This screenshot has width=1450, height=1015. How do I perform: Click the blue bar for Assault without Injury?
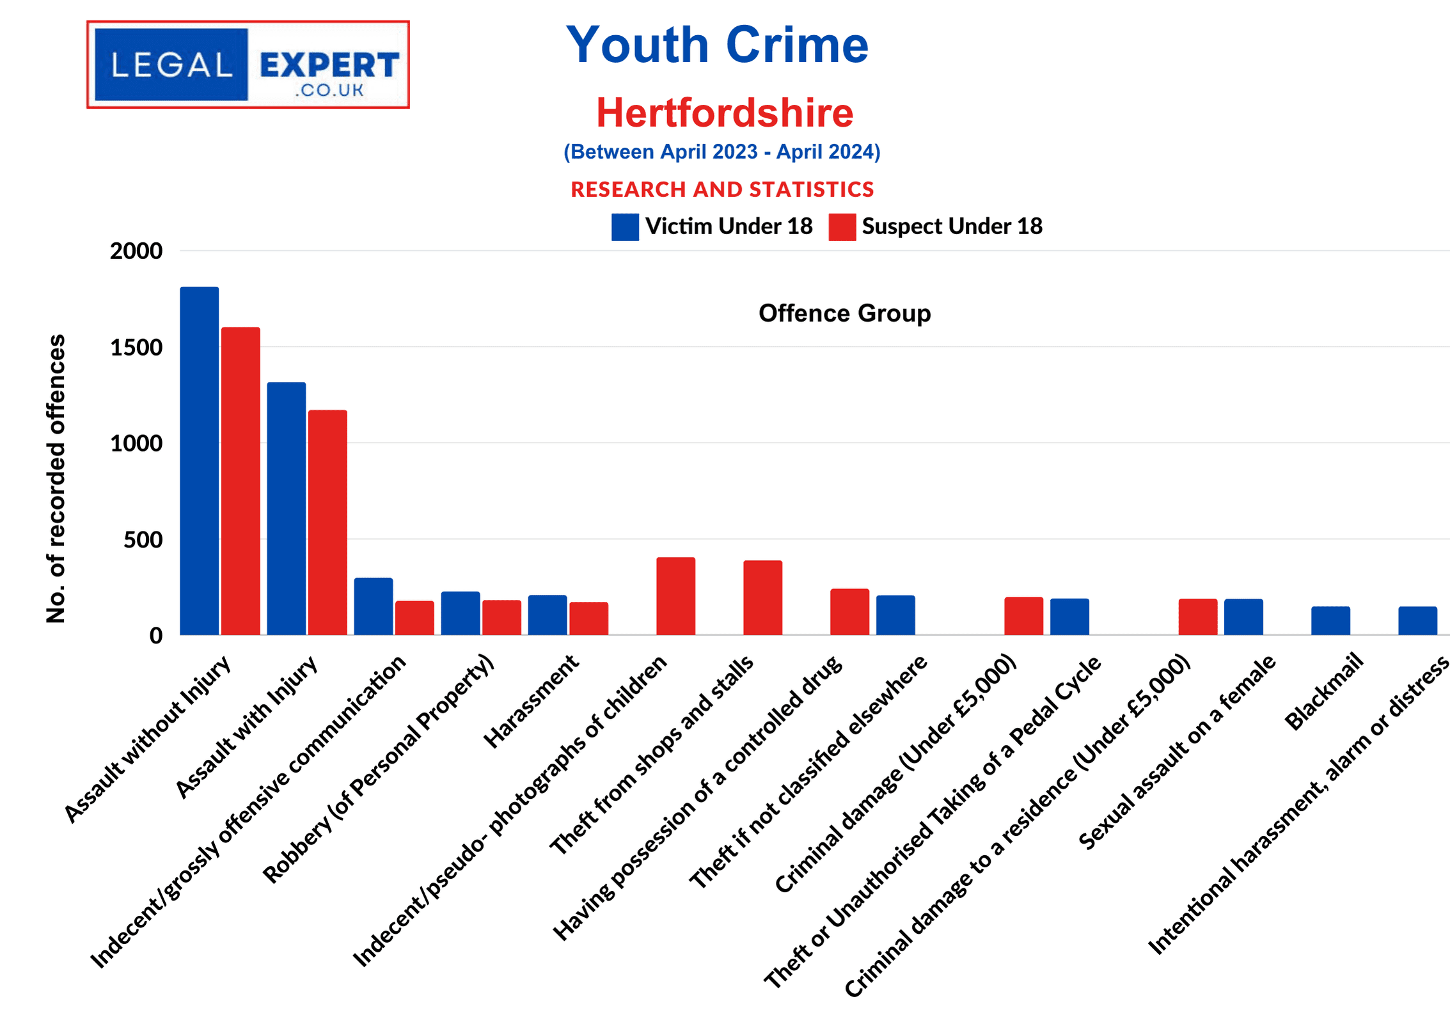(x=199, y=460)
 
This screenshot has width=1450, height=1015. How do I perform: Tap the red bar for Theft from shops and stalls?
(x=762, y=597)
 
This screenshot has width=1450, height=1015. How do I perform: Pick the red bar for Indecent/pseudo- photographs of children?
(x=675, y=596)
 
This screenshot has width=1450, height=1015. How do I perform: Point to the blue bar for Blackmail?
(x=1330, y=620)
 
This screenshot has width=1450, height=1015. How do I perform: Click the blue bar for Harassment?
(x=547, y=615)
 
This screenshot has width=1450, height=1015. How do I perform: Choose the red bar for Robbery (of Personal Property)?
(x=501, y=617)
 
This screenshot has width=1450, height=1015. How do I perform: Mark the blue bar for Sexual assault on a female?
(x=1243, y=617)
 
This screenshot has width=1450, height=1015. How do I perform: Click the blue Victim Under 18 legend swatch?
(x=624, y=227)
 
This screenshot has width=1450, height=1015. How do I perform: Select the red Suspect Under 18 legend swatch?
(x=842, y=227)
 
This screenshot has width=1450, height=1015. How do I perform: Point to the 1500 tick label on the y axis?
(x=136, y=347)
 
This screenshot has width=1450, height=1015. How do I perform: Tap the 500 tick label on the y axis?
(x=143, y=540)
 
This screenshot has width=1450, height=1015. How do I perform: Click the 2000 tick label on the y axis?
(x=136, y=251)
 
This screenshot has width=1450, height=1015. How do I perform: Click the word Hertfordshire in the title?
(x=725, y=113)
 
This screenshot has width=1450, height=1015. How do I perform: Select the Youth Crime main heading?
(x=717, y=45)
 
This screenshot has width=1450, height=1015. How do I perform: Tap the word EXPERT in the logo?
(x=329, y=65)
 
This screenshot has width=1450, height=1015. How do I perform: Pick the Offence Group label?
(x=844, y=313)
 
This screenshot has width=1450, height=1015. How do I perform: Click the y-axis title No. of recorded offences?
(x=56, y=478)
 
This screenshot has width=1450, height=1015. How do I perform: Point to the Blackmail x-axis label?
(x=1323, y=691)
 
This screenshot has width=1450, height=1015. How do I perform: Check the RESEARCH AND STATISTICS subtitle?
(x=722, y=189)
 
